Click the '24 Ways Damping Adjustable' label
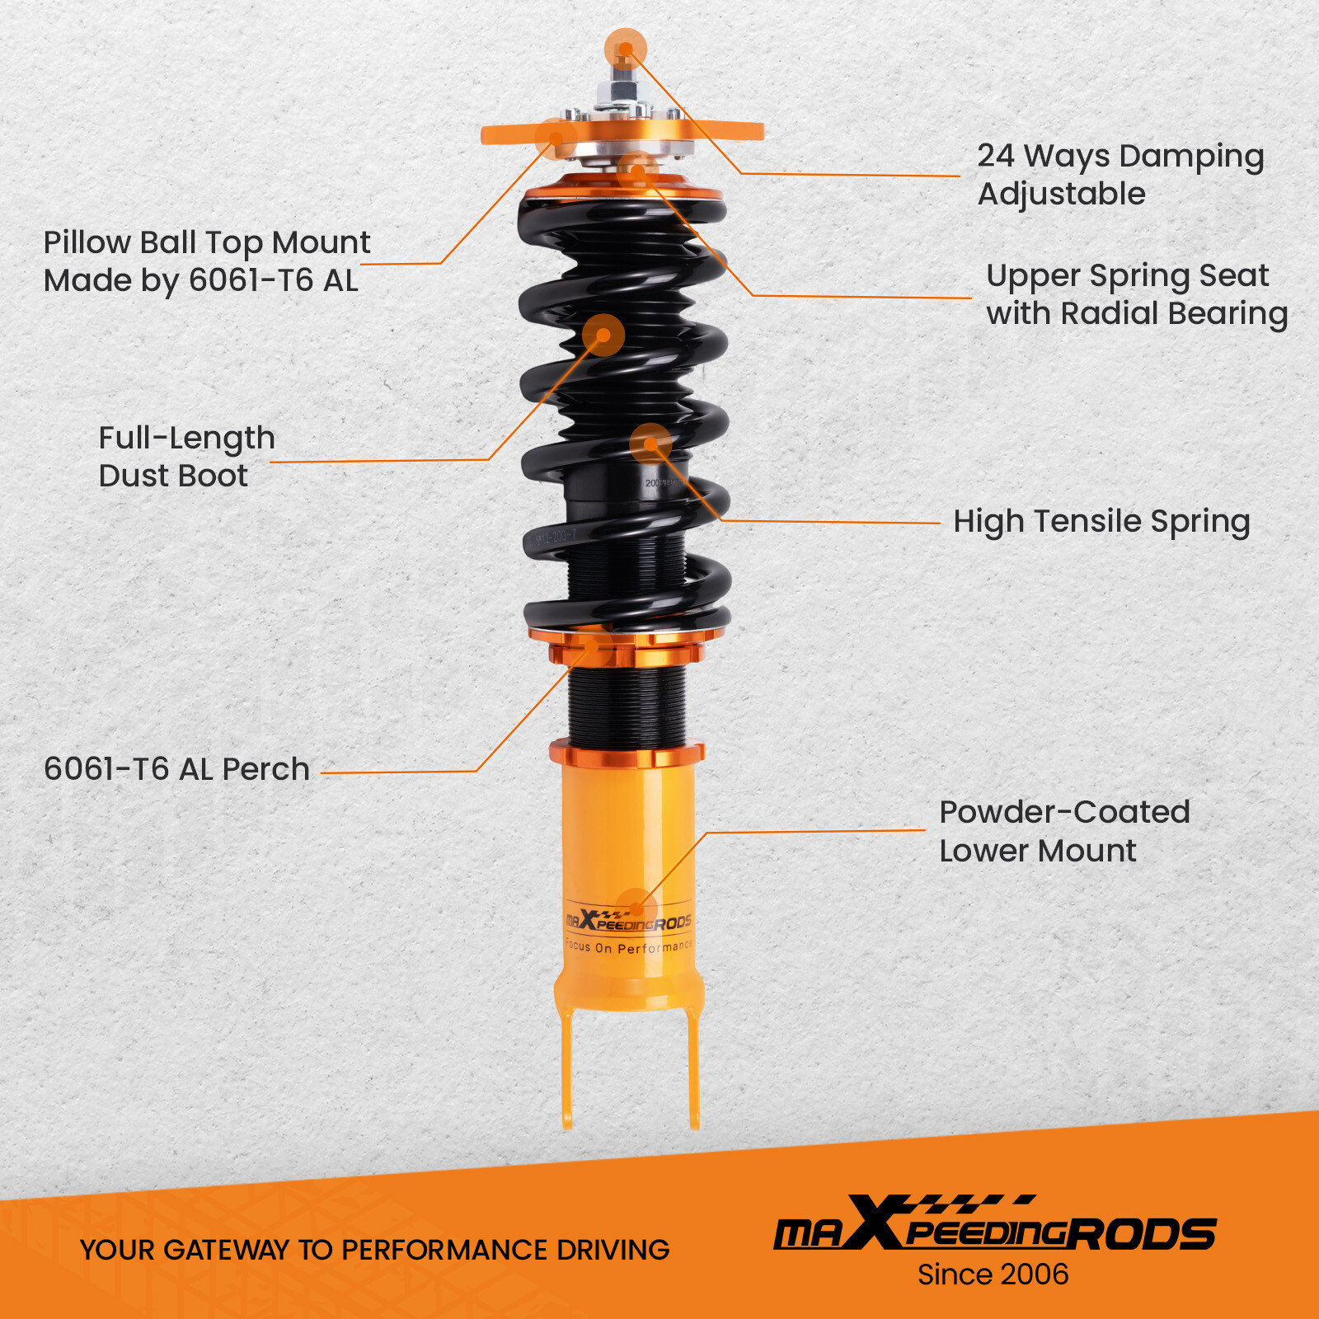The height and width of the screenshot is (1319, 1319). click(1120, 175)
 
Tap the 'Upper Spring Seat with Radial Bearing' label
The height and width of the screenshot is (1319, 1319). click(1136, 295)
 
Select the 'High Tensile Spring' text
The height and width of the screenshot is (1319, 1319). click(1101, 522)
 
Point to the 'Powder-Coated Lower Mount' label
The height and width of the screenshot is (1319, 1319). click(1063, 831)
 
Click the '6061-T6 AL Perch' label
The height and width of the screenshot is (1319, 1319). click(176, 769)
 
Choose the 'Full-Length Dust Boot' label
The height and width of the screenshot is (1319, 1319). click(186, 457)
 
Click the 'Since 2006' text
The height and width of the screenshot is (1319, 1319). click(993, 1274)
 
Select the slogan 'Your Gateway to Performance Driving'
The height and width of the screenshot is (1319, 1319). click(374, 1250)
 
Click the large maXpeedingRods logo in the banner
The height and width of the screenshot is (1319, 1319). click(994, 1225)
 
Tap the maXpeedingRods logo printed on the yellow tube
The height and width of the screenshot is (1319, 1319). click(628, 921)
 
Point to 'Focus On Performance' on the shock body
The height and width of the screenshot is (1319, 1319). click(628, 947)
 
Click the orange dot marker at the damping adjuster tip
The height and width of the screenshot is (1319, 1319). click(625, 49)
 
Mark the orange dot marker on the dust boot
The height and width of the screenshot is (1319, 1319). click(603, 336)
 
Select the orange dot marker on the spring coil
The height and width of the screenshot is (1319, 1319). click(650, 444)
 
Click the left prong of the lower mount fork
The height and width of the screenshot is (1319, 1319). click(567, 1072)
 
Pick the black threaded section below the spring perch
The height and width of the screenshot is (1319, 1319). click(627, 705)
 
